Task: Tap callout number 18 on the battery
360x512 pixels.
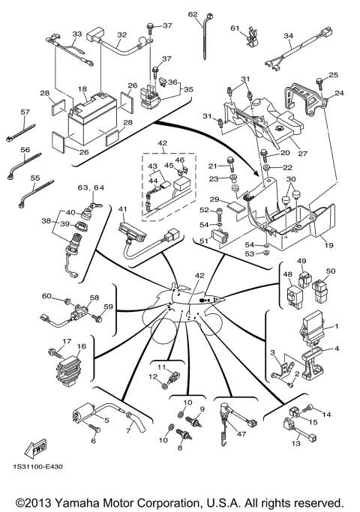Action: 82,88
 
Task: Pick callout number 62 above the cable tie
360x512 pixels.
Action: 193,14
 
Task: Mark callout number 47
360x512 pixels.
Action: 241,433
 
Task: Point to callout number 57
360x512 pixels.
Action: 25,112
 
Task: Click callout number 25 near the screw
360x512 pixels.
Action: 334,75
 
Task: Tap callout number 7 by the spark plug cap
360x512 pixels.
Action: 128,430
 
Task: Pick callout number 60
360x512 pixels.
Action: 45,296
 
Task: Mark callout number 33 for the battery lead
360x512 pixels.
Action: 76,34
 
